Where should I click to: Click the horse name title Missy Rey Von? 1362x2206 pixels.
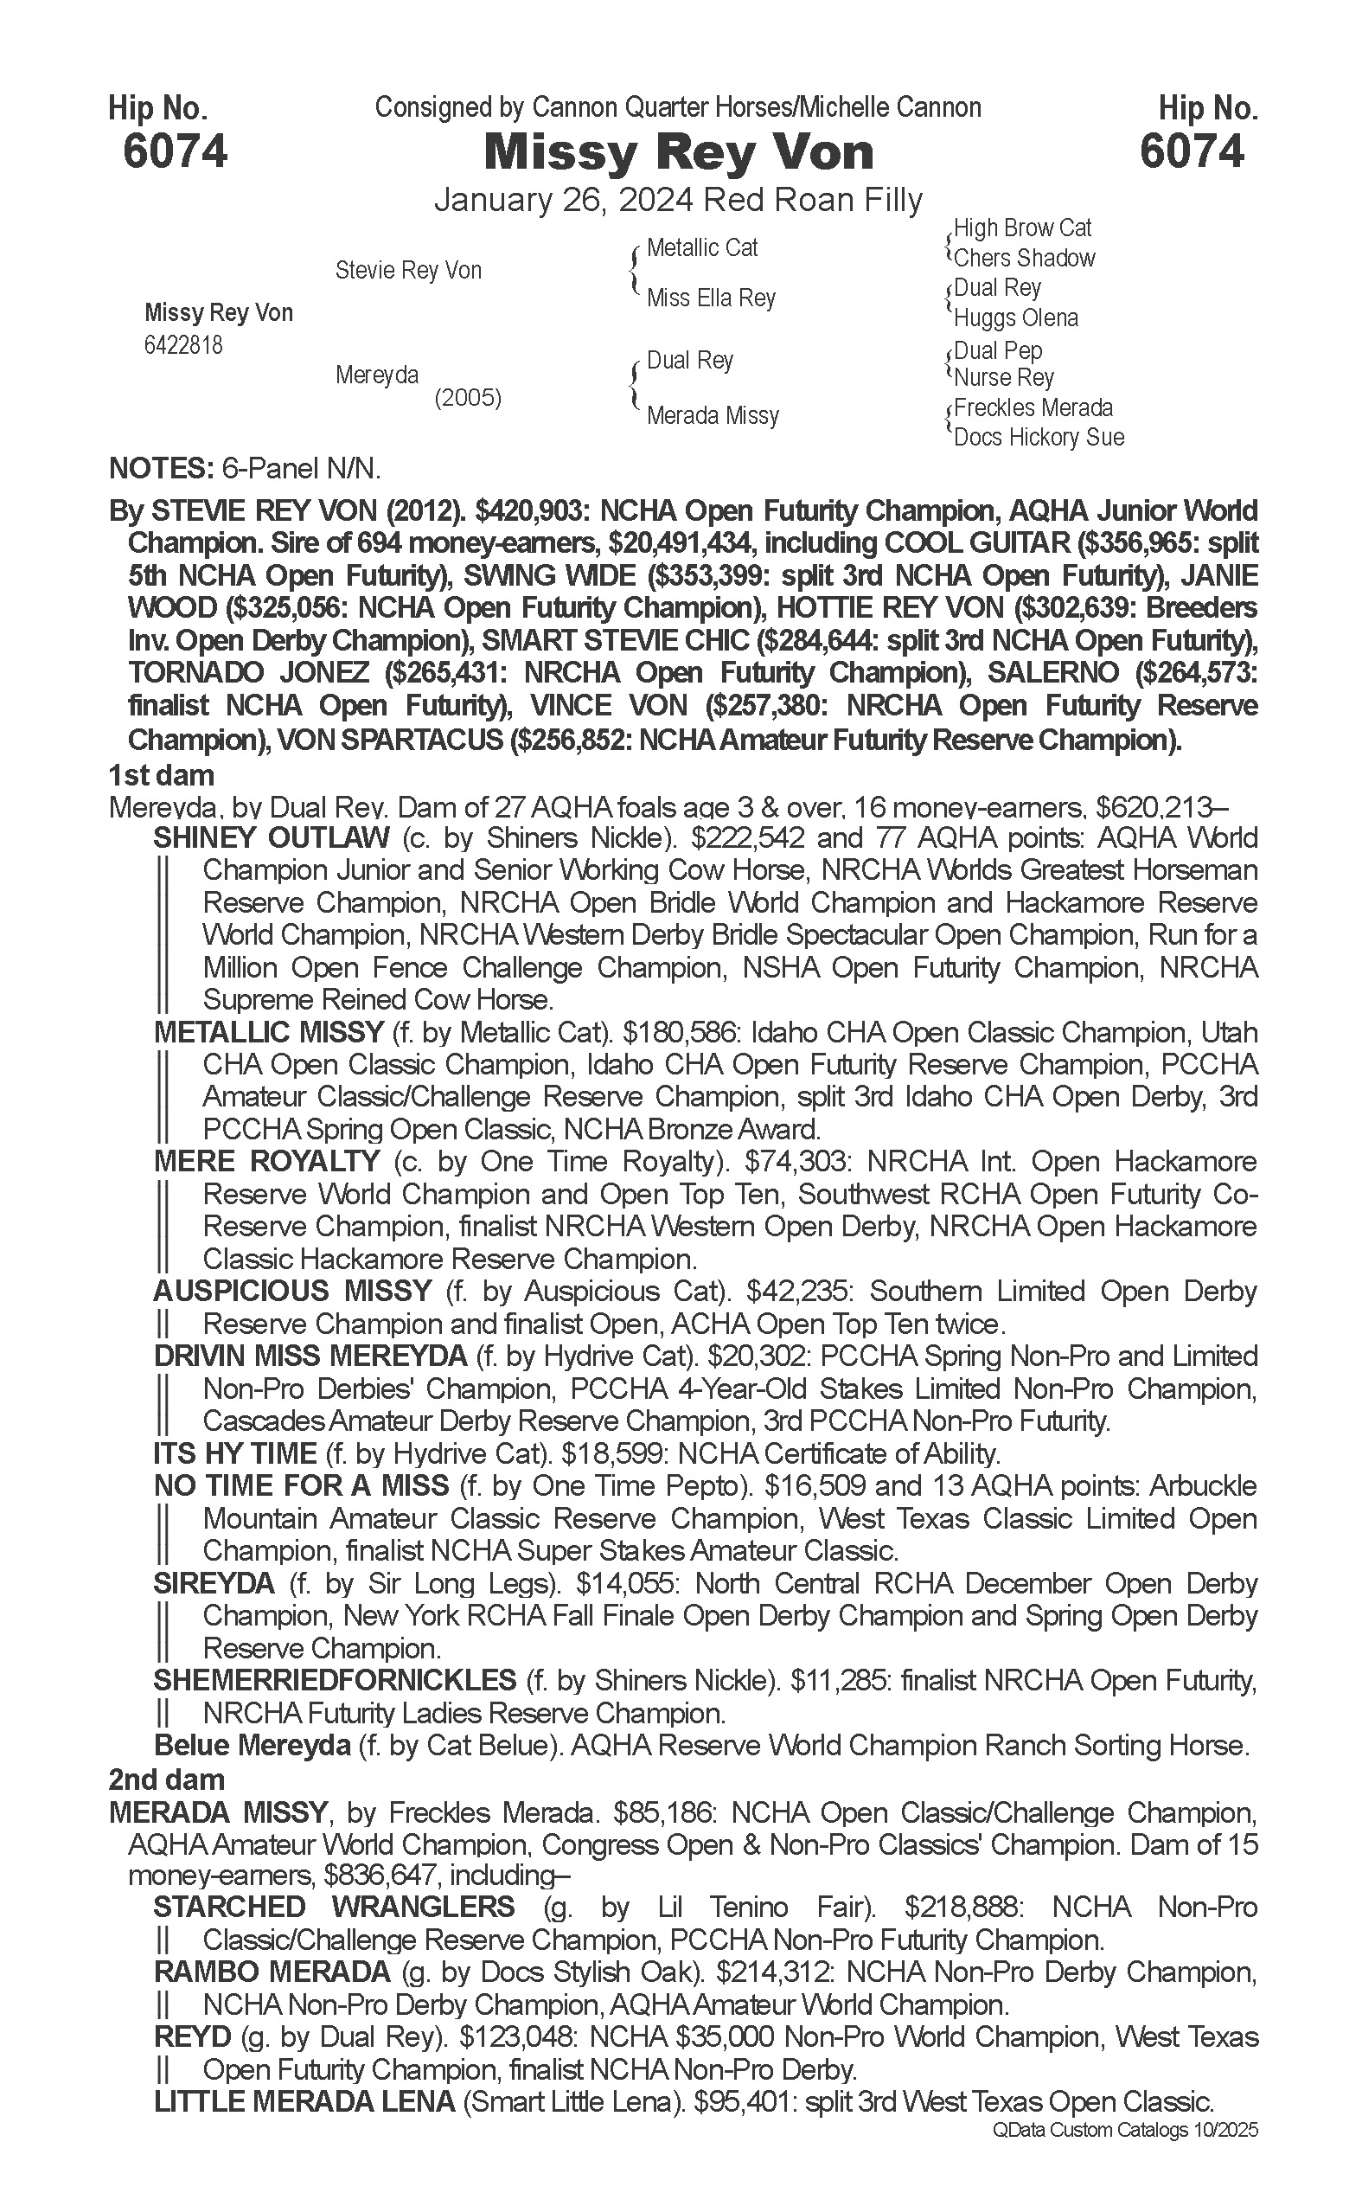pyautogui.click(x=678, y=152)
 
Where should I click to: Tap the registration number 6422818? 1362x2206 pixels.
pyautogui.click(x=182, y=345)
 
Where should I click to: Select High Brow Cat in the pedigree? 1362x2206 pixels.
pyautogui.click(x=1022, y=228)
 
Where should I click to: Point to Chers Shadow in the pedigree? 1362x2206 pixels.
pyautogui.click(x=1024, y=258)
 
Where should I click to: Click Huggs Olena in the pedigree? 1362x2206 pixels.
pyautogui.click(x=1015, y=317)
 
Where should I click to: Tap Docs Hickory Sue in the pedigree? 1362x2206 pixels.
pyautogui.click(x=1039, y=437)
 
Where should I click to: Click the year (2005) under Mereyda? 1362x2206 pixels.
pyautogui.click(x=468, y=397)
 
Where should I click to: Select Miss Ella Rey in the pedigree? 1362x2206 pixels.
pyautogui.click(x=711, y=298)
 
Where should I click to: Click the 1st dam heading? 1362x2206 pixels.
pyautogui.click(x=161, y=775)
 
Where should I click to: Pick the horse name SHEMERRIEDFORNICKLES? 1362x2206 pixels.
pyautogui.click(x=334, y=1680)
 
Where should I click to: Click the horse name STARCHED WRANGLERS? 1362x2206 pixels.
pyautogui.click(x=334, y=1907)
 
